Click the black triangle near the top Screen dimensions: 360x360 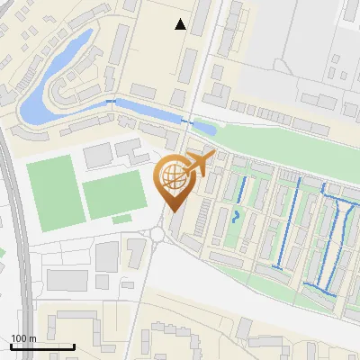click(x=181, y=25)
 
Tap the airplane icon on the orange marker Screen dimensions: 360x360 click(x=200, y=165)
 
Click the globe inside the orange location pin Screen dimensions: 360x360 click(x=174, y=178)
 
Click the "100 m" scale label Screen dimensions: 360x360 click(x=23, y=337)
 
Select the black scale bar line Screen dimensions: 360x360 click(x=42, y=346)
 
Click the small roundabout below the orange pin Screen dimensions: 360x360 click(x=157, y=234)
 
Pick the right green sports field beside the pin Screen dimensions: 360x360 click(x=115, y=195)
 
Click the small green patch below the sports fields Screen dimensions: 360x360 click(x=121, y=219)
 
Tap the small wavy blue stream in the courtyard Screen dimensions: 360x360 click(x=235, y=216)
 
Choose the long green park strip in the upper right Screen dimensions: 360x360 click(x=270, y=139)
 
